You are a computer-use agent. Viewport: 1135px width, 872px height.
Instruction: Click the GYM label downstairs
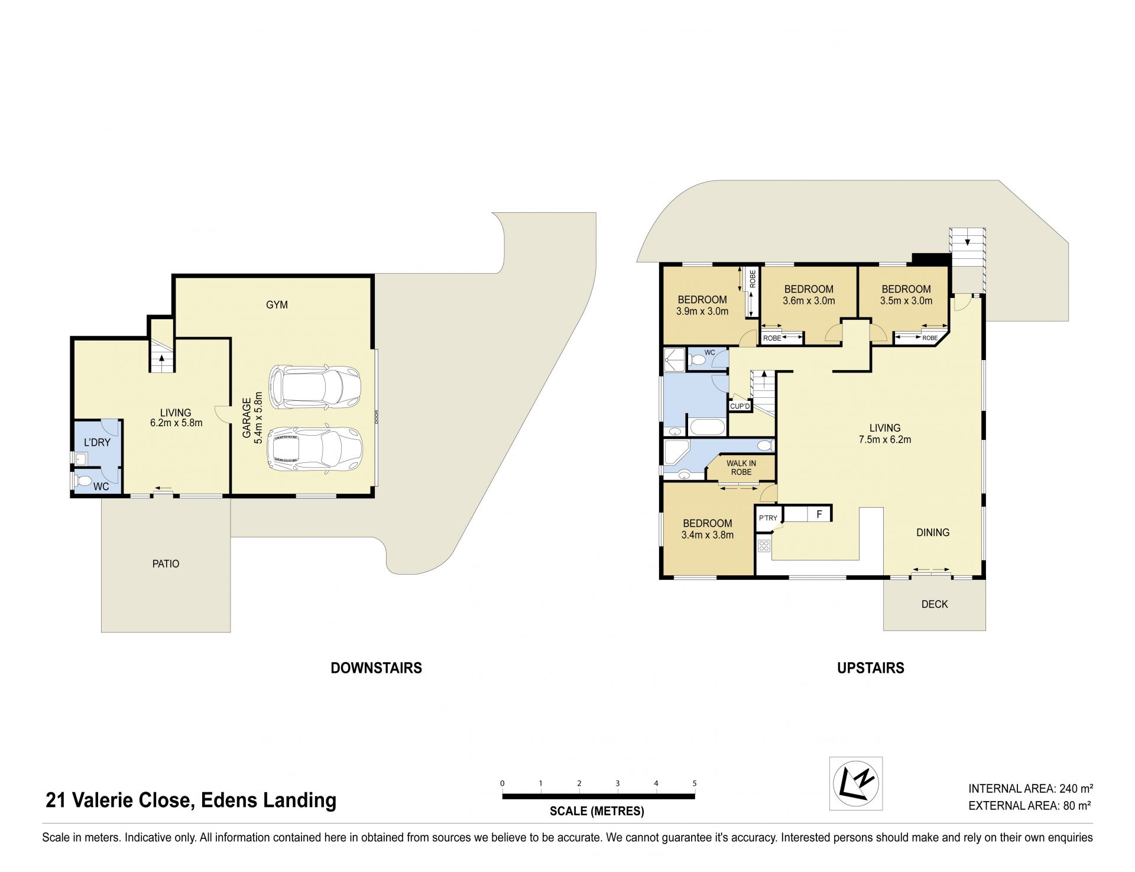[277, 305]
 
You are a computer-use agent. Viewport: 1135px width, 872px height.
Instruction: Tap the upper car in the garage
[314, 387]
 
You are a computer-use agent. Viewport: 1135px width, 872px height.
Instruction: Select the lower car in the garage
[314, 449]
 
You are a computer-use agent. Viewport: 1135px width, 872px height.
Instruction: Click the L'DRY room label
[97, 442]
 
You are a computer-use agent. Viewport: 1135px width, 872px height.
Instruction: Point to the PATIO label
[166, 564]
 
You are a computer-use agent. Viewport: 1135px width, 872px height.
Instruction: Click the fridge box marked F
[819, 514]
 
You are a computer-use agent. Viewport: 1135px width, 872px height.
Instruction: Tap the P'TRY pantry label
[768, 518]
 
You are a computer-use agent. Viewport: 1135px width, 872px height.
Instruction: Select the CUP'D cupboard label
[740, 406]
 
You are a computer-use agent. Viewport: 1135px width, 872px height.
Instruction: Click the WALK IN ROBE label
[741, 468]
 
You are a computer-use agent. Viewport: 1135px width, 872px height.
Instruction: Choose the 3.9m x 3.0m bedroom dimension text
[702, 311]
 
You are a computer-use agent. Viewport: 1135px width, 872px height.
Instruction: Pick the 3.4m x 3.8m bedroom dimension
[708, 535]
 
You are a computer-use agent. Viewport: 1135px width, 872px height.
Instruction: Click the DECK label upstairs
[935, 604]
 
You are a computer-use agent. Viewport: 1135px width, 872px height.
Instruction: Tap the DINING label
[933, 533]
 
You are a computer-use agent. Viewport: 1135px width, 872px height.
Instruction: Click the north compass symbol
[856, 784]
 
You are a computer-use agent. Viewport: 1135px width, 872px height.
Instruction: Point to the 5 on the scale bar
[695, 783]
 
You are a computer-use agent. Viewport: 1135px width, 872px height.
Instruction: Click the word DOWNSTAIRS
[377, 668]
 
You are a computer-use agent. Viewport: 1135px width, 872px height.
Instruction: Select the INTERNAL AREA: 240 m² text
[1030, 788]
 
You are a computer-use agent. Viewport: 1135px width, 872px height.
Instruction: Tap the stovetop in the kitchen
[764, 546]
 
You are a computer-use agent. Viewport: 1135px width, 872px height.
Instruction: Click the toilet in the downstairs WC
[82, 480]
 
